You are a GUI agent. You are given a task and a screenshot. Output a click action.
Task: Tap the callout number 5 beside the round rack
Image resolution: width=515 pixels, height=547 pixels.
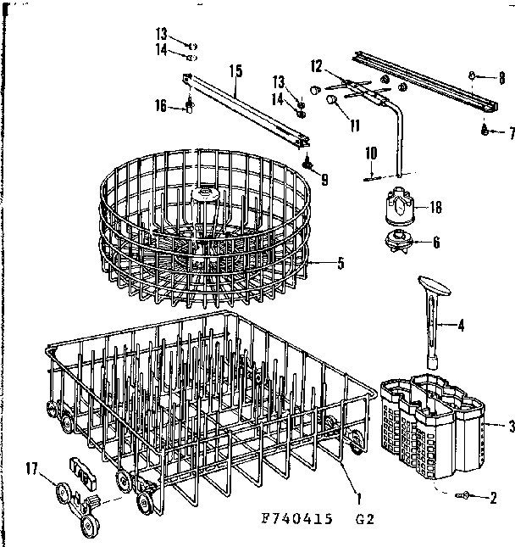click(341, 264)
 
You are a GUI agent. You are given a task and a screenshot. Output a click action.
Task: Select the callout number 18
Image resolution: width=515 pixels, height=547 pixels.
click(436, 206)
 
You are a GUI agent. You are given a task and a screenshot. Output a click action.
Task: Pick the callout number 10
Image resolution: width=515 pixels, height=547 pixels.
click(370, 153)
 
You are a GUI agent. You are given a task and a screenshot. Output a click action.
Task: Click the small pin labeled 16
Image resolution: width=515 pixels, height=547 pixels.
click(191, 107)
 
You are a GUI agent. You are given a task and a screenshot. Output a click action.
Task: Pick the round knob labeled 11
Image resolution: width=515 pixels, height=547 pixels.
click(333, 100)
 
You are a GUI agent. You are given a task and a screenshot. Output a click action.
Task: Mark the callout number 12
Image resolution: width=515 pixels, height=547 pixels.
click(317, 64)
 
